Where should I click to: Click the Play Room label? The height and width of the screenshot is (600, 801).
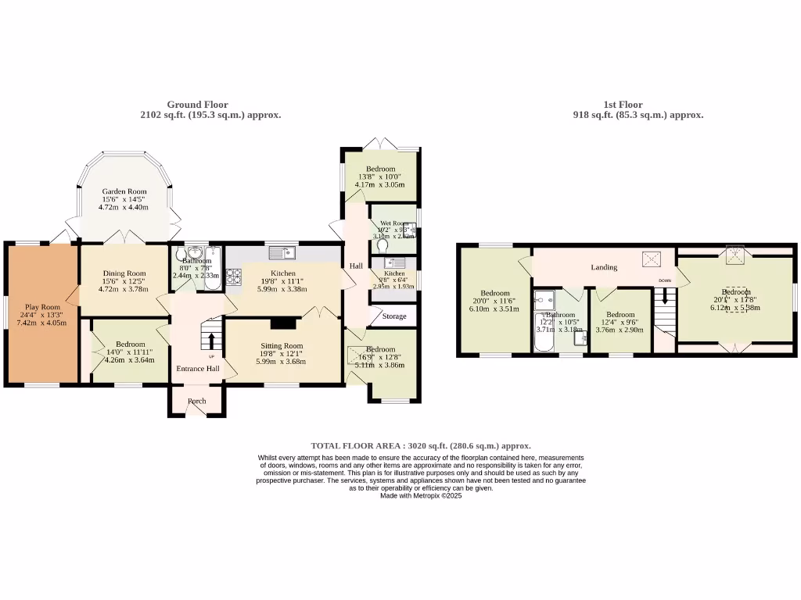click(42, 307)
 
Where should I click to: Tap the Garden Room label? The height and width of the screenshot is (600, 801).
click(124, 191)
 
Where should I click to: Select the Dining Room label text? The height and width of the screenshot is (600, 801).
click(124, 273)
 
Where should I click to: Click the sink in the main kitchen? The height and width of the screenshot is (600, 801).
click(279, 252)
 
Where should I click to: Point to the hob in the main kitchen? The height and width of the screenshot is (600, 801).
click(233, 276)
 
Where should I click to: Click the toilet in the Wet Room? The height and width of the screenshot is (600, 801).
click(382, 245)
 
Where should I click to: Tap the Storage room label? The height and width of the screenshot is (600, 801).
click(395, 316)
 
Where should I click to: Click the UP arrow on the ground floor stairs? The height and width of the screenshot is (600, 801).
click(211, 341)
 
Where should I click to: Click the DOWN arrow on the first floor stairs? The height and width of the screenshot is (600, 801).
click(665, 295)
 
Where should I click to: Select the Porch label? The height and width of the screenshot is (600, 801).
click(196, 402)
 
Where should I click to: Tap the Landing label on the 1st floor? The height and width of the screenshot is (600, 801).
click(604, 267)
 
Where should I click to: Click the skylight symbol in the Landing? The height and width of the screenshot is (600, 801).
click(651, 259)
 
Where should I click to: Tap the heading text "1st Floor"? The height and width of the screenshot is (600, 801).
click(623, 104)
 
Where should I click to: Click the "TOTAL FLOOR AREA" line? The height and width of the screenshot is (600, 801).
click(421, 445)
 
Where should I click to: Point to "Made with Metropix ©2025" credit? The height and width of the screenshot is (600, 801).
click(421, 495)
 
